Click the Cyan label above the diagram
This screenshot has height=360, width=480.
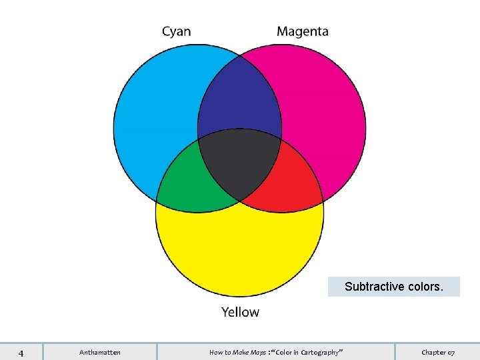(177, 31)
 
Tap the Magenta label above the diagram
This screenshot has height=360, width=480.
(302, 31)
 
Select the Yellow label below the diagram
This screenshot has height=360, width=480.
(240, 311)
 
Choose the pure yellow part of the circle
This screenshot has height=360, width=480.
(240, 247)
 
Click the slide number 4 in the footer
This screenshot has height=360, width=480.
(21, 352)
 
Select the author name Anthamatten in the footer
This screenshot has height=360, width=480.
(100, 352)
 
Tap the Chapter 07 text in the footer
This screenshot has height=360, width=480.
(438, 352)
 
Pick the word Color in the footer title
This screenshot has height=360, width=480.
(281, 352)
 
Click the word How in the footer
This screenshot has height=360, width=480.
(215, 352)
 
